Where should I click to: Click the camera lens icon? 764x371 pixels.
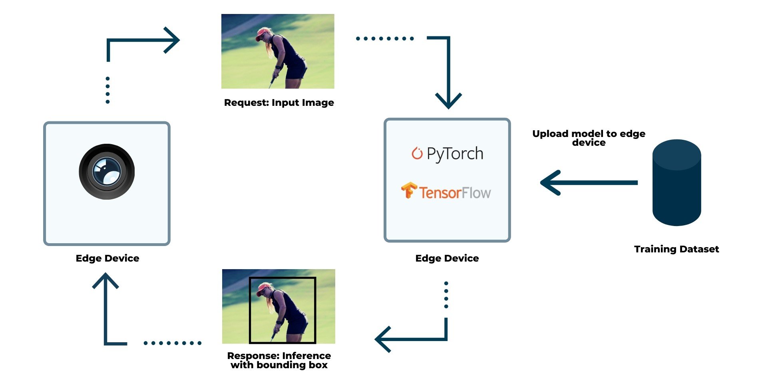(x=107, y=172)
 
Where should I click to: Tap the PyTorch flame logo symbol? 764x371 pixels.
(x=417, y=153)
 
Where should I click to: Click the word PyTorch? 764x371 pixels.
(x=455, y=154)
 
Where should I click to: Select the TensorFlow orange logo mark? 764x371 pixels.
(x=408, y=190)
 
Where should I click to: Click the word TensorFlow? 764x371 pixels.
(x=455, y=193)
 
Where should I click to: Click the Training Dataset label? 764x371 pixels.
(x=676, y=249)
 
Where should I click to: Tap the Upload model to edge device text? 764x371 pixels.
(x=589, y=138)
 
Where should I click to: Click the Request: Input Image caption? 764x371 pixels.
(x=279, y=103)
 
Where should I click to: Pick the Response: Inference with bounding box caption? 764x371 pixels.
(x=279, y=360)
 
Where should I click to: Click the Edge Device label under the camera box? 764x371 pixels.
(x=107, y=258)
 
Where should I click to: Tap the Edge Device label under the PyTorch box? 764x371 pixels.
(x=447, y=258)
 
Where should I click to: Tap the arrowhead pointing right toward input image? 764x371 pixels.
(x=173, y=40)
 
